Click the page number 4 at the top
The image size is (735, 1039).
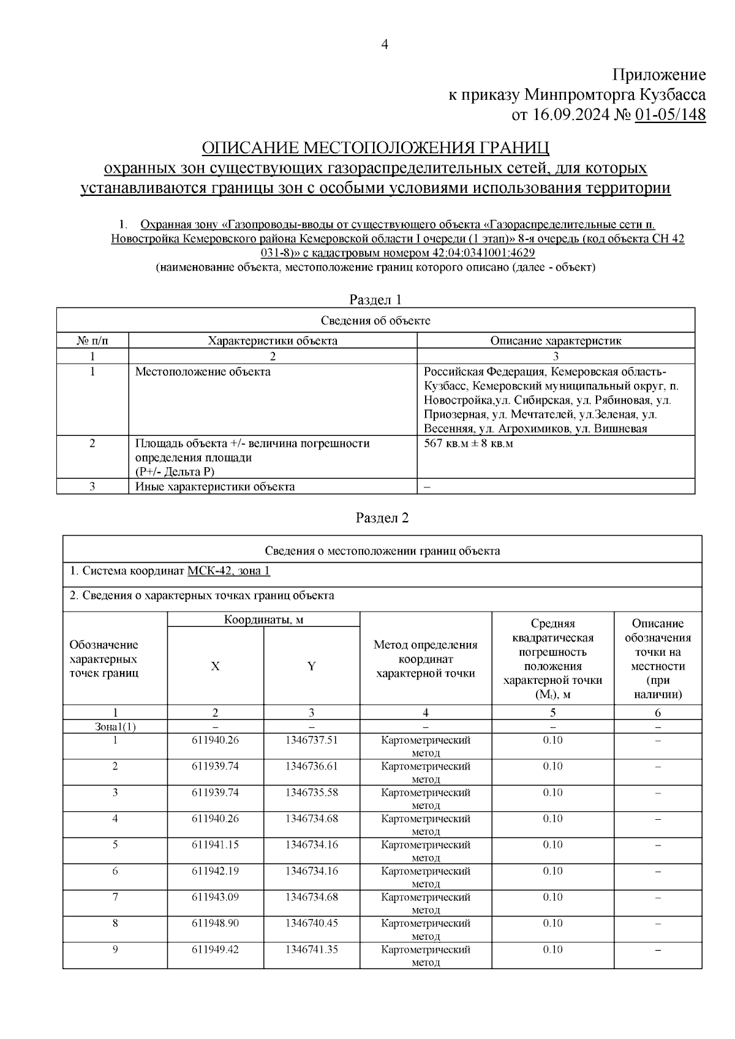point(385,44)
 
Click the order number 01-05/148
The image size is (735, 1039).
point(670,114)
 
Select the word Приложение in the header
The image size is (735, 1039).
point(659,75)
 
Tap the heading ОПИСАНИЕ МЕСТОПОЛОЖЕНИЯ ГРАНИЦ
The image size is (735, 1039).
point(375,148)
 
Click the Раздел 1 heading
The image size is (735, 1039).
point(375,299)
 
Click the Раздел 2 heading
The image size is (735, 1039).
point(382,517)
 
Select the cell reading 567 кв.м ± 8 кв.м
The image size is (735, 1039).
point(469,443)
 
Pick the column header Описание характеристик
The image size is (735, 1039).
point(556,340)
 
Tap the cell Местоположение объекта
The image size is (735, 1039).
point(203,372)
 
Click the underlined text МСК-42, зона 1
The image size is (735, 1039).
point(228,571)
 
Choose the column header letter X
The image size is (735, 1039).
point(215,666)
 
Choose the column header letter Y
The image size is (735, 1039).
point(311,666)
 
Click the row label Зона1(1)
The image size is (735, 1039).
point(115,727)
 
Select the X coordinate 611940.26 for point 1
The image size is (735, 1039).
point(215,740)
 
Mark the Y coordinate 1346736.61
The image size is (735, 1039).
point(311,766)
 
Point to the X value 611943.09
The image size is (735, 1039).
point(215,897)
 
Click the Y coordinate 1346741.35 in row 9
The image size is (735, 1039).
point(311,950)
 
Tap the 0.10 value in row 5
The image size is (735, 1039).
point(552,845)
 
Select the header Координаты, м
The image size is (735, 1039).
point(263,619)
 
